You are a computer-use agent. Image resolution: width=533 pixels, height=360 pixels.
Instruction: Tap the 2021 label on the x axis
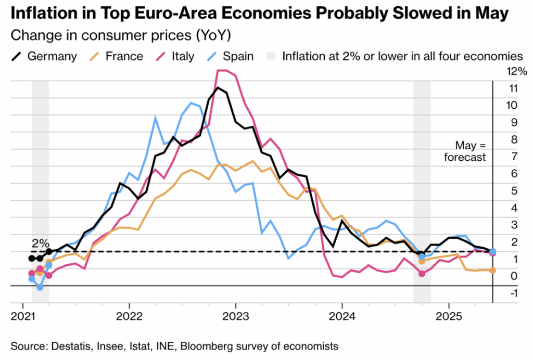23,316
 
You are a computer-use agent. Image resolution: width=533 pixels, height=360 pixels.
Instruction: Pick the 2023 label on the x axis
235,316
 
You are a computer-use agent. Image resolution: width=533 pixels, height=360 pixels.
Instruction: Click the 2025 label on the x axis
448,316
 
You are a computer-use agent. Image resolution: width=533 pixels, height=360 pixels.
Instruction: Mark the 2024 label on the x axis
342,316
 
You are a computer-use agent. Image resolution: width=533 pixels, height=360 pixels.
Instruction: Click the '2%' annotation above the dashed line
41,242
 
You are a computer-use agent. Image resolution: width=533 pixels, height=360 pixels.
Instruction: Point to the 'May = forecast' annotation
469,151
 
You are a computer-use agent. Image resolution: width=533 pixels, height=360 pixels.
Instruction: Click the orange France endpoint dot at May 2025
493,270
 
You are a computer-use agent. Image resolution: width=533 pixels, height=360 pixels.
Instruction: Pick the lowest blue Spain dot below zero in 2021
40,287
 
